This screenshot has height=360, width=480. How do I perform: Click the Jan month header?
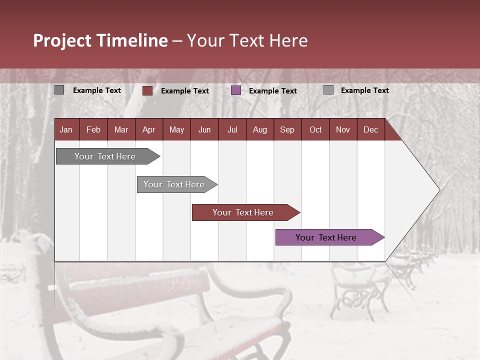pos(66,130)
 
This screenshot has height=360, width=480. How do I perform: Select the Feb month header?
pos(93,130)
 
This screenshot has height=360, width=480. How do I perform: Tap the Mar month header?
pos(121,130)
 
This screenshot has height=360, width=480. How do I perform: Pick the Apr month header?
pos(148,130)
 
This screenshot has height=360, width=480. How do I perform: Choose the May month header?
pos(176,130)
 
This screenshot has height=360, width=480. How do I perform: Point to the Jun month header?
pos(204,130)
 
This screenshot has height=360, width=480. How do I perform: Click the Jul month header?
pos(232,130)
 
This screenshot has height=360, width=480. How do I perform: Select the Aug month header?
pos(259,130)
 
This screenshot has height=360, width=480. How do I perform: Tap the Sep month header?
pos(287,130)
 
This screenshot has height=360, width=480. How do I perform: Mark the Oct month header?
pos(315,130)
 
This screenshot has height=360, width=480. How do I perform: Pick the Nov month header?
pos(342,130)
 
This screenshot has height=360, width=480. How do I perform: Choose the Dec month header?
pos(370,130)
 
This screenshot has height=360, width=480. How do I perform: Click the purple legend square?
pos(236,90)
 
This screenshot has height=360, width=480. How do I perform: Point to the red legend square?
pos(147,90)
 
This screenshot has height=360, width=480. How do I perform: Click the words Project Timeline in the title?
pos(100,40)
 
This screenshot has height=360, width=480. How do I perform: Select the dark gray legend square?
pos(59,90)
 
